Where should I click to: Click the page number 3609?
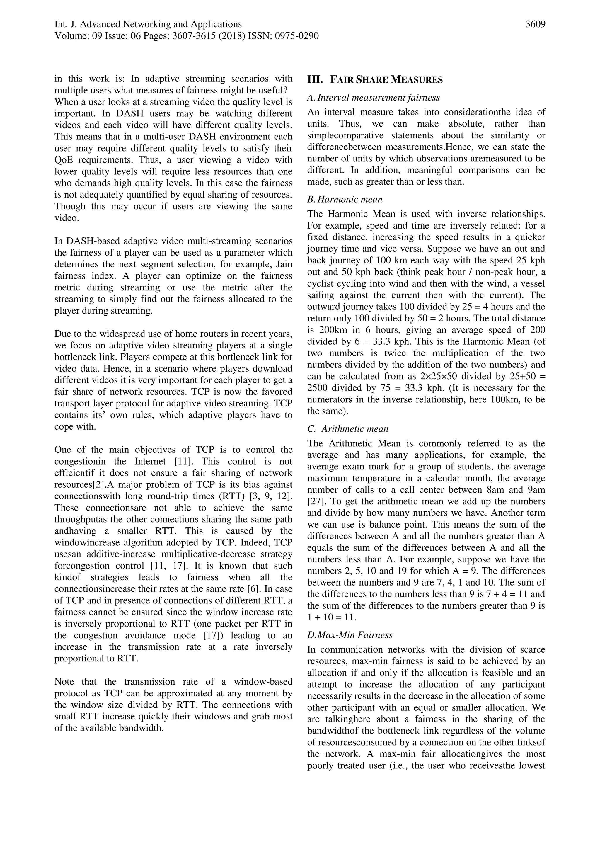pyautogui.click(x=535, y=24)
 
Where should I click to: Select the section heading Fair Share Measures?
pyautogui.click(x=386, y=80)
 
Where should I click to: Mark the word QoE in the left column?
pyautogui.click(x=64, y=160)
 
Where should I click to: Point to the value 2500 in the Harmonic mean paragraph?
pyautogui.click(x=318, y=388)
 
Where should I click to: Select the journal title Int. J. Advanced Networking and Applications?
pyautogui.click(x=148, y=24)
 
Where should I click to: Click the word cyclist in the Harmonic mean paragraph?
pyautogui.click(x=320, y=284)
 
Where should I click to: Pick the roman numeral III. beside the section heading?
pyautogui.click(x=315, y=80)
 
